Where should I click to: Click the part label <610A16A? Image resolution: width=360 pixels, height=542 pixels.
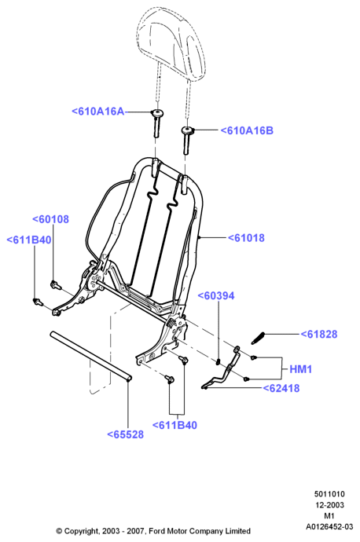[x=98, y=112]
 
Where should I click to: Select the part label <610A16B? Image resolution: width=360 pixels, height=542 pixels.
[x=247, y=130]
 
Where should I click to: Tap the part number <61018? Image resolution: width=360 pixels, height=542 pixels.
[x=246, y=238]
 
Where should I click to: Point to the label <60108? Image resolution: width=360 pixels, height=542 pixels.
[x=50, y=219]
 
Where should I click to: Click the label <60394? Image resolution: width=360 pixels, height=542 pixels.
[x=216, y=295]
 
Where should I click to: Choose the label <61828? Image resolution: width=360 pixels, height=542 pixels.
[x=319, y=335]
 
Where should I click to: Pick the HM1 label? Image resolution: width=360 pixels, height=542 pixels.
[x=301, y=369]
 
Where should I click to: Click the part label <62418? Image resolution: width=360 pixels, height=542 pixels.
[x=281, y=388]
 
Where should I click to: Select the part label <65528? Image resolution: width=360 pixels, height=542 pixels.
[x=125, y=434]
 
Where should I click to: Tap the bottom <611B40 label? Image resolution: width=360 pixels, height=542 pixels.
[x=174, y=425]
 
